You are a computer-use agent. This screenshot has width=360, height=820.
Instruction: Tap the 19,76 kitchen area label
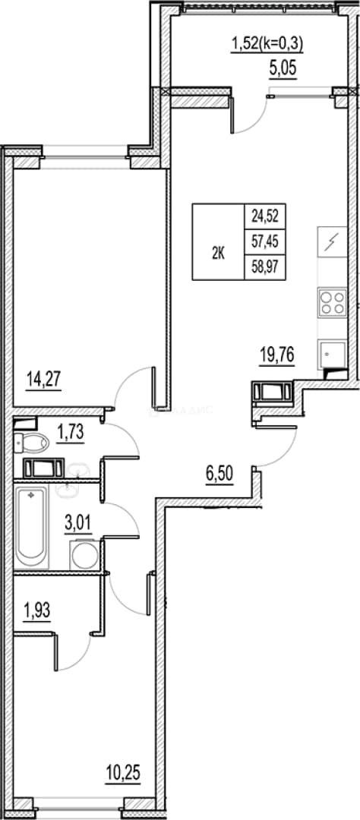[x=276, y=355]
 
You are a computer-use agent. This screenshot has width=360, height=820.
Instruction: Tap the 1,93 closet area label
[x=36, y=610]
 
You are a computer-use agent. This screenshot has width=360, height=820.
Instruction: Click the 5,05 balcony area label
[x=283, y=69]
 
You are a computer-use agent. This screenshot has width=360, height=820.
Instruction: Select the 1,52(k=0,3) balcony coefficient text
[x=267, y=45]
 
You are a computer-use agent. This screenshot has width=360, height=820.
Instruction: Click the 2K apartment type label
[x=218, y=254]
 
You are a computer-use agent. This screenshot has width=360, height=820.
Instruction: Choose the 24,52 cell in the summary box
[x=265, y=216]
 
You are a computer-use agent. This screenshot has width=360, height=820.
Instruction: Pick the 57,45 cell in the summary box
[x=265, y=241]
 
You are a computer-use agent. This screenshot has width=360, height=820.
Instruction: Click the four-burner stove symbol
[x=332, y=302]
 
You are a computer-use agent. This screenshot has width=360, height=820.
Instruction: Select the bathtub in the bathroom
[x=31, y=527]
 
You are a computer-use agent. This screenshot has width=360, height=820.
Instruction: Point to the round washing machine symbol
[x=84, y=556]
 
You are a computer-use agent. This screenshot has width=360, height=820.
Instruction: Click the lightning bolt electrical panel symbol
[x=332, y=242]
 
